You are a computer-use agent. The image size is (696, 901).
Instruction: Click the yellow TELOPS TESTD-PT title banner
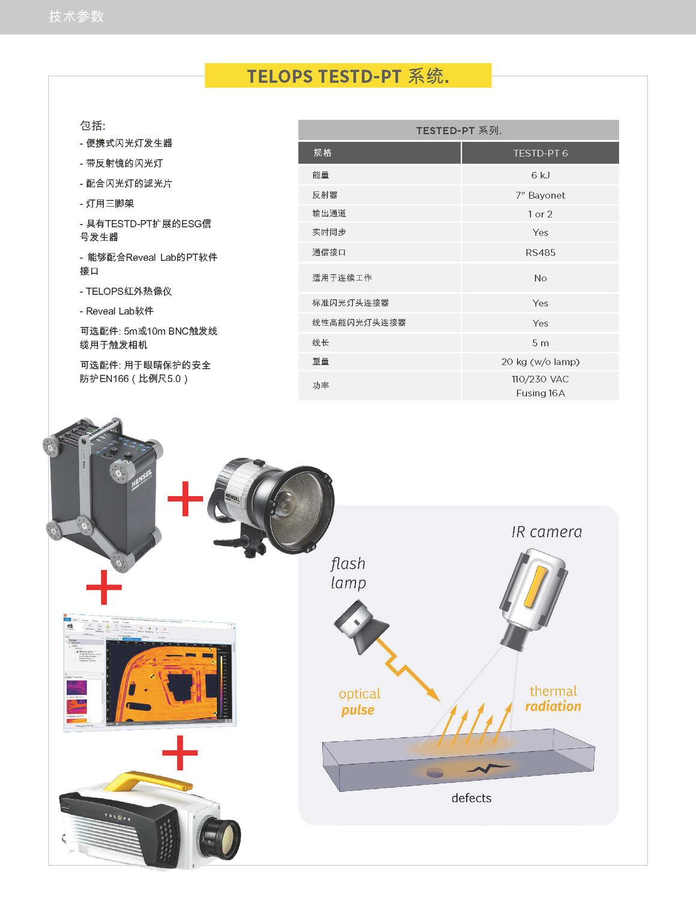348,76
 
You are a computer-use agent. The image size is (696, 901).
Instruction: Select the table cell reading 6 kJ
540,175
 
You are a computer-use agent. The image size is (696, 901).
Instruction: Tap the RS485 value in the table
540,252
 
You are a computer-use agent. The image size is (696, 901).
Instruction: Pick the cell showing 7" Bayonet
540,195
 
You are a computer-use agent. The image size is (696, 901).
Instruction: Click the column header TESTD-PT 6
540,153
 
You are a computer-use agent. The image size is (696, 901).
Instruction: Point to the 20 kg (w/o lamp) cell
540,362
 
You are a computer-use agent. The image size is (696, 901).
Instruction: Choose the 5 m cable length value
540,343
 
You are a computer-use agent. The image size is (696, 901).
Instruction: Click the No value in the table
540,278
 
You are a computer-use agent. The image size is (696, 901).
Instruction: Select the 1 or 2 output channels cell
540,214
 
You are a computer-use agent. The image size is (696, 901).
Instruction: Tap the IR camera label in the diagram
546,532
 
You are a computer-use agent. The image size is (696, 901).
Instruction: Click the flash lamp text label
348,573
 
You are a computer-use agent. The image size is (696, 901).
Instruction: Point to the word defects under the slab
471,798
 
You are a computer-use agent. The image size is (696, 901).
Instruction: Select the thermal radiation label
553,699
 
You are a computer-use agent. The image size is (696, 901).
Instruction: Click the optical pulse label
359,702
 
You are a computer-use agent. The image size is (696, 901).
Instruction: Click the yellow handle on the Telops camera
147,780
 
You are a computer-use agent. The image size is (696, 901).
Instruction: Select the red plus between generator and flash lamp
185,499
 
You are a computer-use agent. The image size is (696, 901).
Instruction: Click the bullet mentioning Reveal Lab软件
120,311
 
